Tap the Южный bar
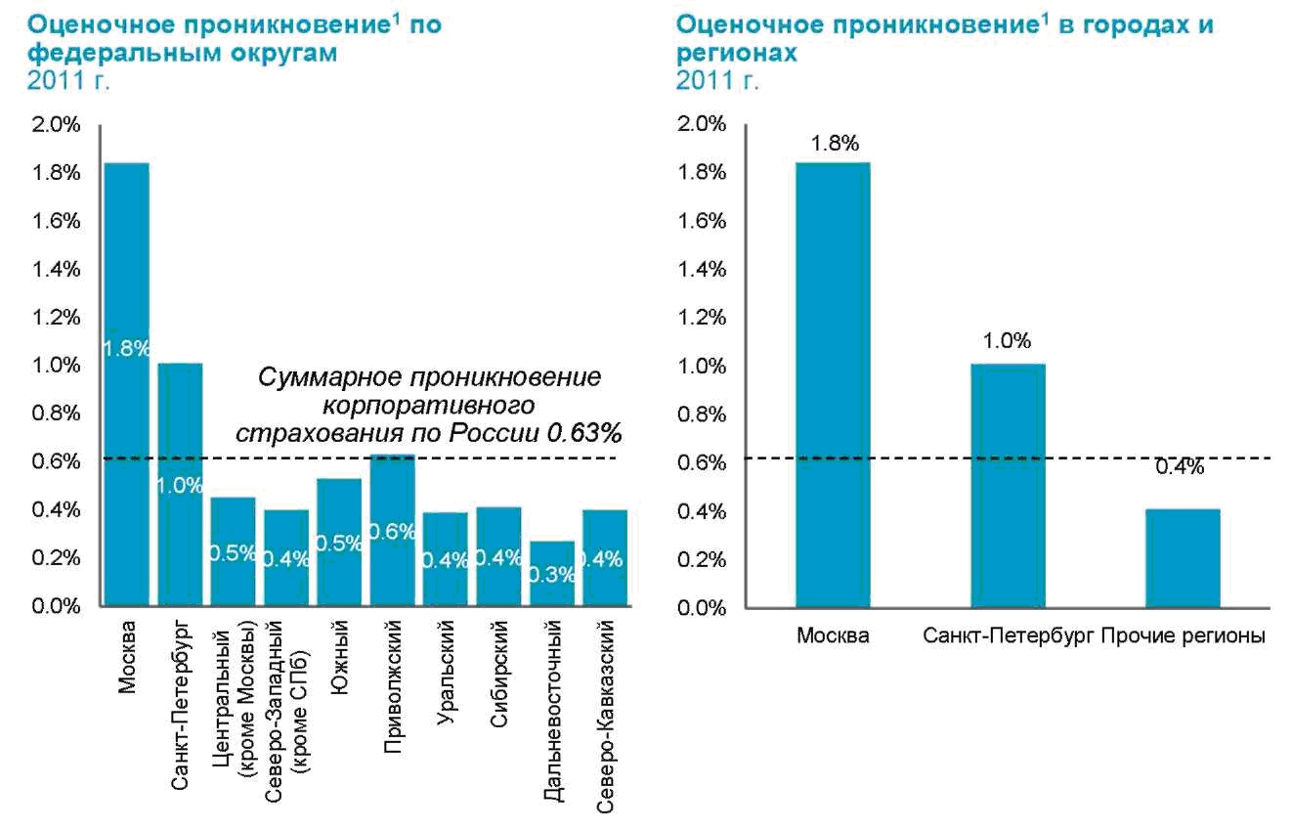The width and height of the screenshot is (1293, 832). (x=339, y=543)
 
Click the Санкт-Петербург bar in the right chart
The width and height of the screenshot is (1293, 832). (x=1008, y=485)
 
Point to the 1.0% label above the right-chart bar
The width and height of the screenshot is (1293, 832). (x=1008, y=341)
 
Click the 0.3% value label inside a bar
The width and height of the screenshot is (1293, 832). (x=552, y=574)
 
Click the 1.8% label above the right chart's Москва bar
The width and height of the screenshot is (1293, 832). (x=834, y=143)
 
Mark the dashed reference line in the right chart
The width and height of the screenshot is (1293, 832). (x=928, y=458)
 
